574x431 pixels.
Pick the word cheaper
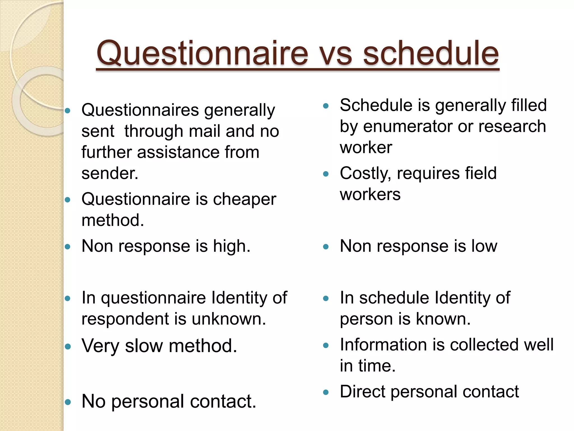coord(244,200)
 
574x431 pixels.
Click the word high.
coord(232,246)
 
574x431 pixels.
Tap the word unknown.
coord(229,319)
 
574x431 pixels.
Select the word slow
coord(144,346)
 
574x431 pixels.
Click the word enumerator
coord(408,126)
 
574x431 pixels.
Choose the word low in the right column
coord(484,246)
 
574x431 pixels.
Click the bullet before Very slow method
coord(68,347)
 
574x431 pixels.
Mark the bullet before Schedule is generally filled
coord(325,106)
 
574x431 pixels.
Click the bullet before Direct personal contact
coord(325,392)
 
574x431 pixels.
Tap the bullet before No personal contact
coord(68,402)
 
